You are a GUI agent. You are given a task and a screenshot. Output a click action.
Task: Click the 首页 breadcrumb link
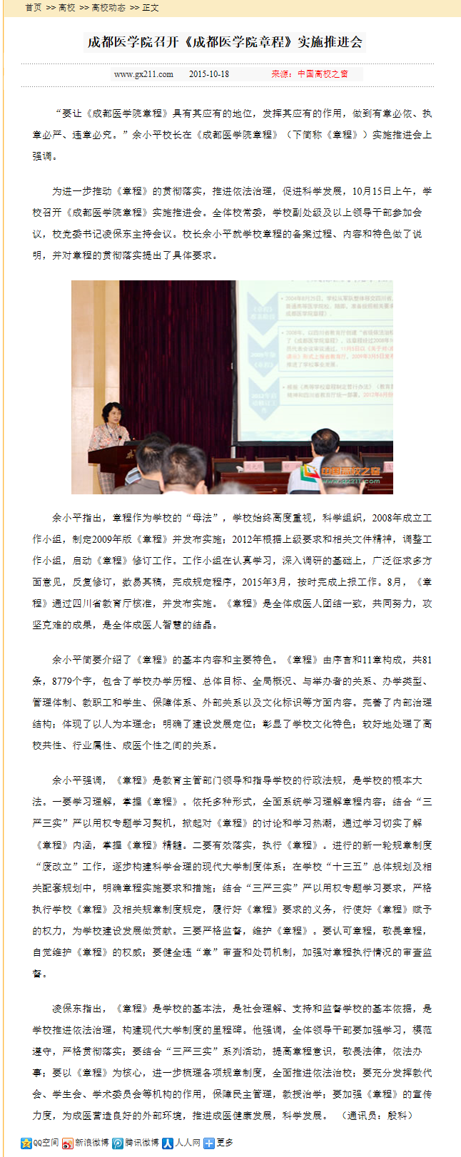coord(33,8)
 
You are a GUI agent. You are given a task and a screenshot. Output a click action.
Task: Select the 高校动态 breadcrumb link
coord(108,8)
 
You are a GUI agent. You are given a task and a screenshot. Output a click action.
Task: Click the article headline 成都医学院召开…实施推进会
coord(225,42)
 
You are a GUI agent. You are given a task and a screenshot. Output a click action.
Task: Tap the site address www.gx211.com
coord(143,74)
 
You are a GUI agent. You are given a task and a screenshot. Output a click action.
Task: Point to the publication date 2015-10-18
coord(209,74)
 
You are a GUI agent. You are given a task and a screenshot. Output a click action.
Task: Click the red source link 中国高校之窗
coord(323,74)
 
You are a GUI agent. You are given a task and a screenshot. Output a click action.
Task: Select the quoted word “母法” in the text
coord(203,518)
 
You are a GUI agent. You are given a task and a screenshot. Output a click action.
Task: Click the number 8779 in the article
coord(66,681)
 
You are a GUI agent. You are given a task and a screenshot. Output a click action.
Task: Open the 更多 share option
coord(218,1143)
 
